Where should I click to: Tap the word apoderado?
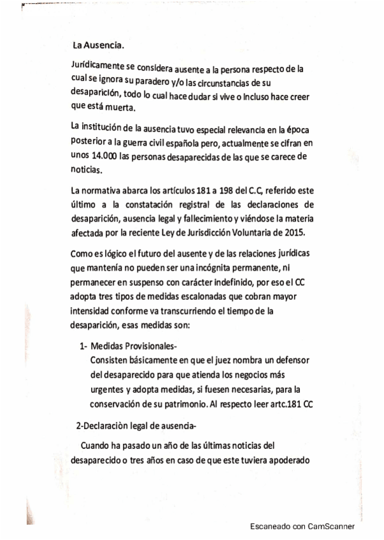pos(287,459)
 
